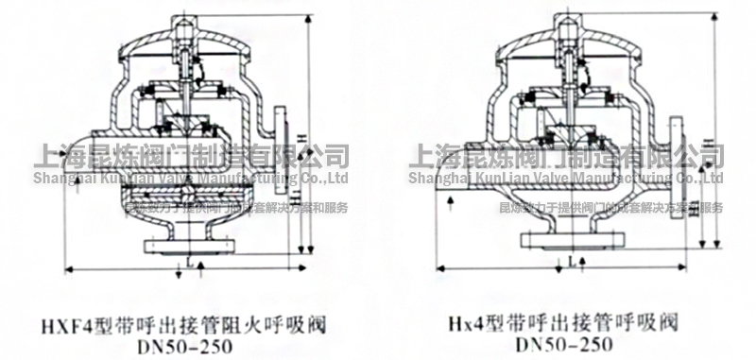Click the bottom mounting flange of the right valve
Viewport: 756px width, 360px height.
pos(563,241)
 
